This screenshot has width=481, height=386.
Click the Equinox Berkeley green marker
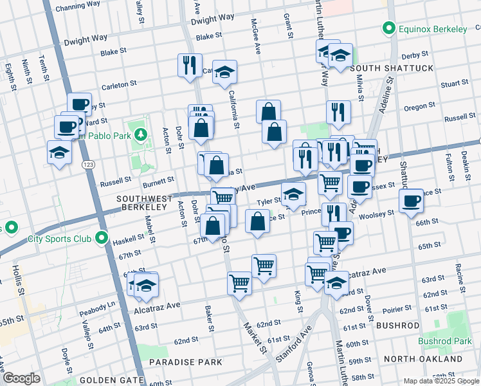tap(388, 28)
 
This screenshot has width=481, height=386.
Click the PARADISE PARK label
tap(186, 362)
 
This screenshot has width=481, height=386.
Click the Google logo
tap(21, 378)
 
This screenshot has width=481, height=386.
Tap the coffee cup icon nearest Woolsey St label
tap(410, 200)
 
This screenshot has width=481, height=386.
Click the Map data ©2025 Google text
tap(440, 381)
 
